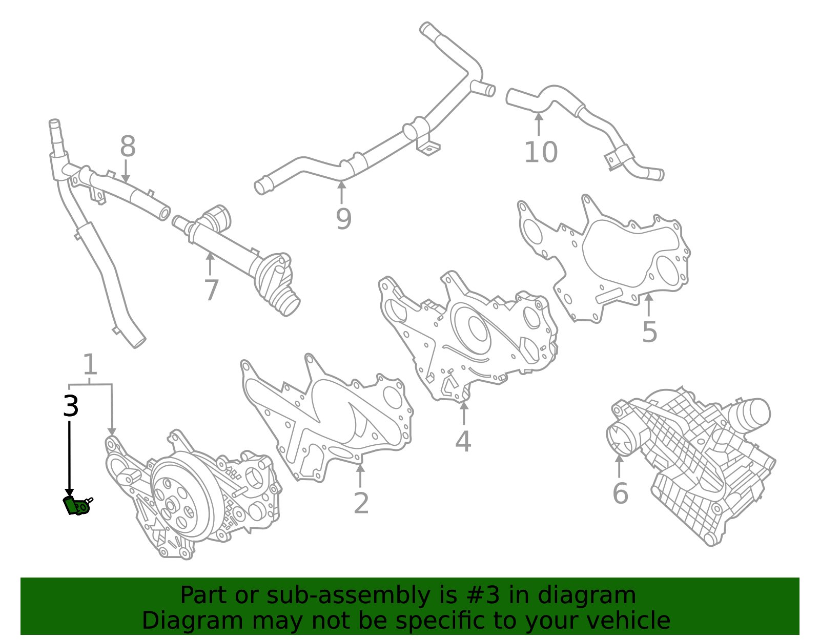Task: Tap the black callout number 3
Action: coord(71,406)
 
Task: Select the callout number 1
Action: coord(90,365)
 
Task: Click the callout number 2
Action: coord(361,503)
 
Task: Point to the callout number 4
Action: coord(463,441)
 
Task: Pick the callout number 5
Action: coord(649,332)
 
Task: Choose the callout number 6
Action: coord(620,493)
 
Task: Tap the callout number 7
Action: coord(211,290)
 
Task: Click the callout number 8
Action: coord(128,147)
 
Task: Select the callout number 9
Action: coord(343,219)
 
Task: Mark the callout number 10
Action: coord(541,152)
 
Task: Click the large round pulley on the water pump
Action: coord(179,497)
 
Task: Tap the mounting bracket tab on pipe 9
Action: coord(428,148)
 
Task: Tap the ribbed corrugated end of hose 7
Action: coord(288,302)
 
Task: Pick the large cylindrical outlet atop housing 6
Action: coord(750,416)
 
